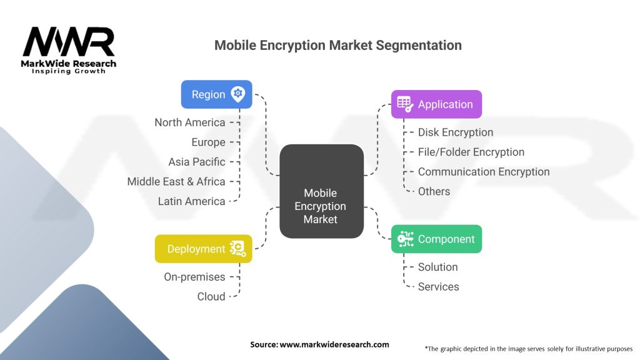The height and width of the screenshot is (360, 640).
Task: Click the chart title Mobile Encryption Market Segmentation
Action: (338, 46)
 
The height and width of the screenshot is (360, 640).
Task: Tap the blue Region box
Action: (216, 94)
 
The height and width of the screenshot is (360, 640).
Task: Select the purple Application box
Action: (436, 104)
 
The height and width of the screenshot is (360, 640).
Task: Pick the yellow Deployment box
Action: (203, 249)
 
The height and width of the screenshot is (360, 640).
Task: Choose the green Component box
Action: (436, 239)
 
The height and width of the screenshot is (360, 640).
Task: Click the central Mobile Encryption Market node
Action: (321, 206)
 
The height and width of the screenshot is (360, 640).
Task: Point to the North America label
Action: (189, 122)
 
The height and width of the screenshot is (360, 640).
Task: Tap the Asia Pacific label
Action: (196, 162)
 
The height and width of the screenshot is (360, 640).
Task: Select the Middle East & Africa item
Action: (176, 181)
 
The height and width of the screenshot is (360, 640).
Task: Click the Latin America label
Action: (191, 201)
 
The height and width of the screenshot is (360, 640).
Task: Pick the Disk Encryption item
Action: (455, 132)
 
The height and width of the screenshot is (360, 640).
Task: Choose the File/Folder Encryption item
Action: (471, 152)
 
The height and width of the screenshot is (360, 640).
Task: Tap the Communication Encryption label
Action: (483, 172)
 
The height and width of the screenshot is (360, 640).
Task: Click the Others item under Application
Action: (434, 191)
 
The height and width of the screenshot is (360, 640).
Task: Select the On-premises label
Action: (194, 276)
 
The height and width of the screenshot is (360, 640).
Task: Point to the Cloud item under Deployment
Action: (211, 296)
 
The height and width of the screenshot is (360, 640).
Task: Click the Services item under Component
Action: (438, 287)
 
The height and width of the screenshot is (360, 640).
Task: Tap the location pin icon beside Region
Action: (237, 94)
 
